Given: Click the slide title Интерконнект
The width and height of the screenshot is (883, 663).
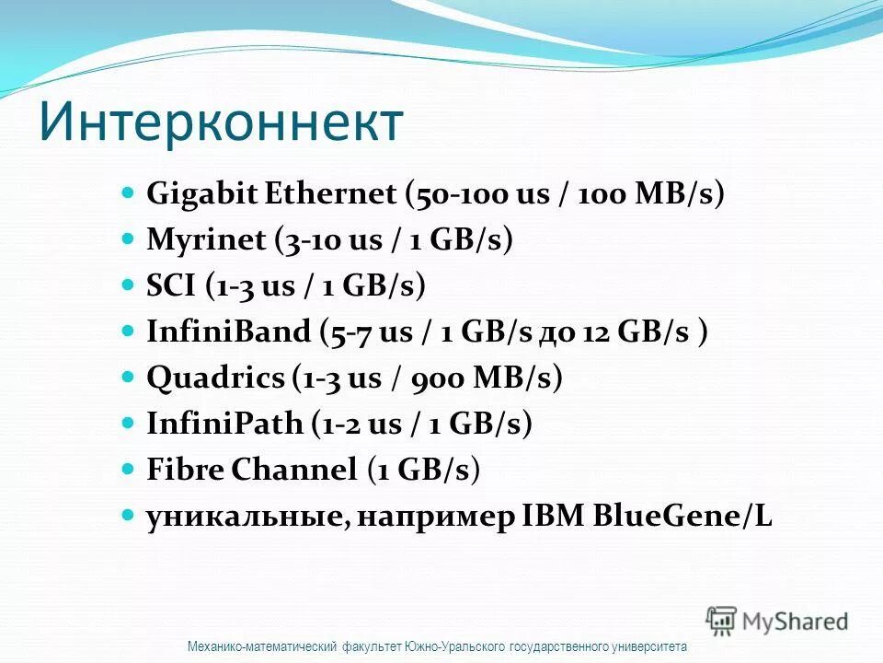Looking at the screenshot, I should click(x=221, y=122).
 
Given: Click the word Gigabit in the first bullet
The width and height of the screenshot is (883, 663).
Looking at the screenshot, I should click(x=201, y=194).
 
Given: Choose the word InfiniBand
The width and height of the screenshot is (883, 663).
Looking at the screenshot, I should click(x=229, y=331).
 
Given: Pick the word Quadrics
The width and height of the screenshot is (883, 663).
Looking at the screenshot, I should click(x=216, y=378).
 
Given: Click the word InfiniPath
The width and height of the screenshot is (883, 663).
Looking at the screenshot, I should click(x=224, y=424).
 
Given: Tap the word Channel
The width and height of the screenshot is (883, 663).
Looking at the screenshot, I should click(x=293, y=470).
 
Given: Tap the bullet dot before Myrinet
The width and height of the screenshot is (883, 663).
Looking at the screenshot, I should click(x=129, y=239).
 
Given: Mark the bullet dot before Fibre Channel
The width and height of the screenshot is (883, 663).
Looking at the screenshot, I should click(x=129, y=469).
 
